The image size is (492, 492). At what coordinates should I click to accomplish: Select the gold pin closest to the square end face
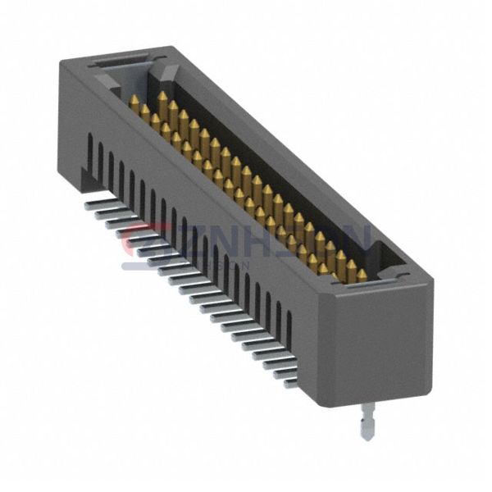[x=361, y=274]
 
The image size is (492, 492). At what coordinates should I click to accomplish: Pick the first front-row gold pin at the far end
[x=134, y=102]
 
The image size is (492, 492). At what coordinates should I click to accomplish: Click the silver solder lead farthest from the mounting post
[x=97, y=200]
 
